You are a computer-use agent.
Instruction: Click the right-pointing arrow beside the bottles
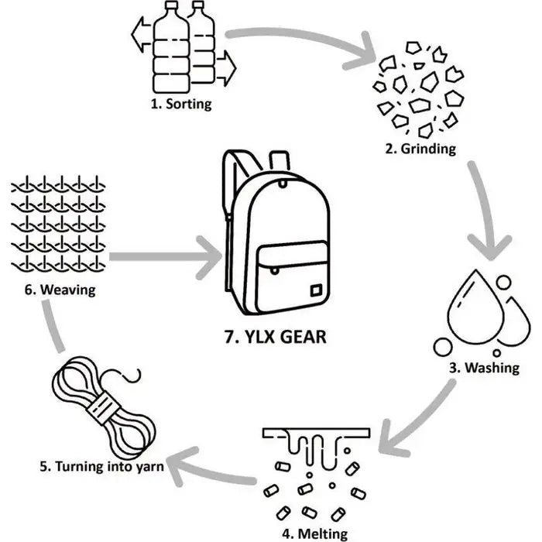click(225, 68)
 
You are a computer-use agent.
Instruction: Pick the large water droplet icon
click(474, 314)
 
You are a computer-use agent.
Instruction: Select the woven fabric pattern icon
click(59, 225)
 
